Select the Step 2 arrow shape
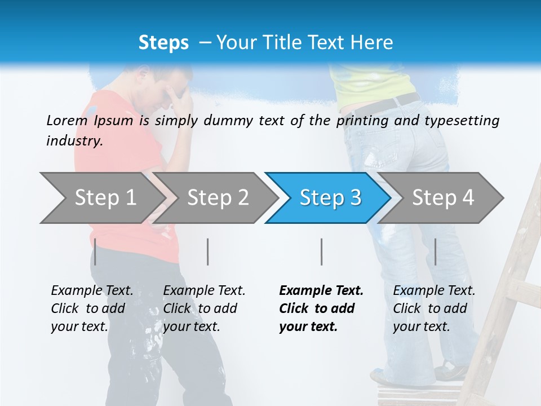coord(218,198)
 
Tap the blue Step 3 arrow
coord(330,198)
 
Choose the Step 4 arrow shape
coord(443,198)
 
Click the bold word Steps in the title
coord(163,43)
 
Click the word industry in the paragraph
coord(73,141)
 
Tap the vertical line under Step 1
coord(95,252)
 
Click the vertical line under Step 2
coord(208,252)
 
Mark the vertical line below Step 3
coord(321,252)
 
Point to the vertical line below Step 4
coord(435,252)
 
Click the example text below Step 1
coord(92,308)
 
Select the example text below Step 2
coord(204,308)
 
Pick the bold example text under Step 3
coord(321,308)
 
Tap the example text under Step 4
coord(434,308)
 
